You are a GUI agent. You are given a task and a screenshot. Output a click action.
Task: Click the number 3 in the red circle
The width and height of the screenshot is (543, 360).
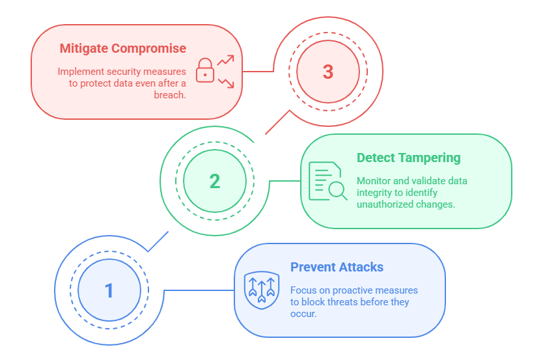328,72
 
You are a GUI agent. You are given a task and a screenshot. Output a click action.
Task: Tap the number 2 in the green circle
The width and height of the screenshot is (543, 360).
215,181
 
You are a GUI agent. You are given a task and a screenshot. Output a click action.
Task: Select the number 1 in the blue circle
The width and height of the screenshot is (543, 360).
109,290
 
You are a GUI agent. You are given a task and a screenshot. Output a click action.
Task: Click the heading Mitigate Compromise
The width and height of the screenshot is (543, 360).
123,48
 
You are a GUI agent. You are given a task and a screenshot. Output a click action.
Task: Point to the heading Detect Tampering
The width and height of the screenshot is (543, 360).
408,158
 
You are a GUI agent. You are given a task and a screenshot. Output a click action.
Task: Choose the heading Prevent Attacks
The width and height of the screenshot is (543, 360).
337,267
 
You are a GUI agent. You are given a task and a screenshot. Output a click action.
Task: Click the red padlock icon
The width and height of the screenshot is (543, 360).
205,71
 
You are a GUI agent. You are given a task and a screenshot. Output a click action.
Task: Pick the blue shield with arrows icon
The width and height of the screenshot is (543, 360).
260,290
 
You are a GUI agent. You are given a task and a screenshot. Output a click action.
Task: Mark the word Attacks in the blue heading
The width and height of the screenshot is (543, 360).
361,267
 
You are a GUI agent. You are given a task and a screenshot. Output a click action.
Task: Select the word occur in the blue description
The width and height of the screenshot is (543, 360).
303,313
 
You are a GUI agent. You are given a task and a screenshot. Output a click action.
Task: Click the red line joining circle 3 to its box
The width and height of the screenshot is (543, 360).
258,71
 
